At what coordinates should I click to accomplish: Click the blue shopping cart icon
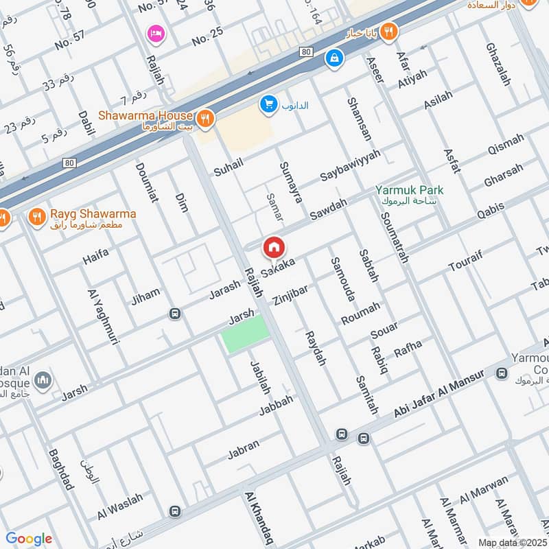point(268,104)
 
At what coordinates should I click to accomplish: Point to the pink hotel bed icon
point(155,33)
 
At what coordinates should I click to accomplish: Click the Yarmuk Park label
point(409,190)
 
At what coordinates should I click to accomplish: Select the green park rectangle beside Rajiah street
point(246,334)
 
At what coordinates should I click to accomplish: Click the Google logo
point(29,539)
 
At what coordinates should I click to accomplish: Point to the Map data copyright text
point(512,543)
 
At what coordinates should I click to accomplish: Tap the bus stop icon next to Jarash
point(175,314)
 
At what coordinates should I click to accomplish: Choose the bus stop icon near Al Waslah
point(175,512)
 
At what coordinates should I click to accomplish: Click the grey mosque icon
point(43,379)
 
